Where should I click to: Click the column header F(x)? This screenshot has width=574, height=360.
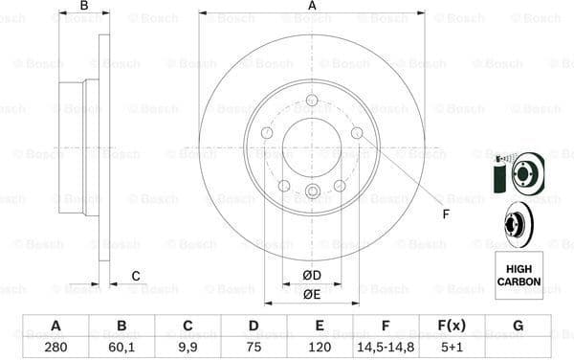452,326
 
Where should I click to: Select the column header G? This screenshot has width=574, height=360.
518,326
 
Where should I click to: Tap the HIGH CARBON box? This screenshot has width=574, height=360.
519,271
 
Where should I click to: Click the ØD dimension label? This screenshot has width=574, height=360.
311,277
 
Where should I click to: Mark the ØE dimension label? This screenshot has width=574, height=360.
311,294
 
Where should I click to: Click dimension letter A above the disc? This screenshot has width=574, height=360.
312,7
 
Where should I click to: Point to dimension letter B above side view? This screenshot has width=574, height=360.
84,7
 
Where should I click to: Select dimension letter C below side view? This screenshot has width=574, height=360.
136,277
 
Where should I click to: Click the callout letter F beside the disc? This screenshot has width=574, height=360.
445,214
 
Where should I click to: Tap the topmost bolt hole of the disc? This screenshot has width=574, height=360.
312,101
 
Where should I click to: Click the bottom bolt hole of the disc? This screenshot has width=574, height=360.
312,191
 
